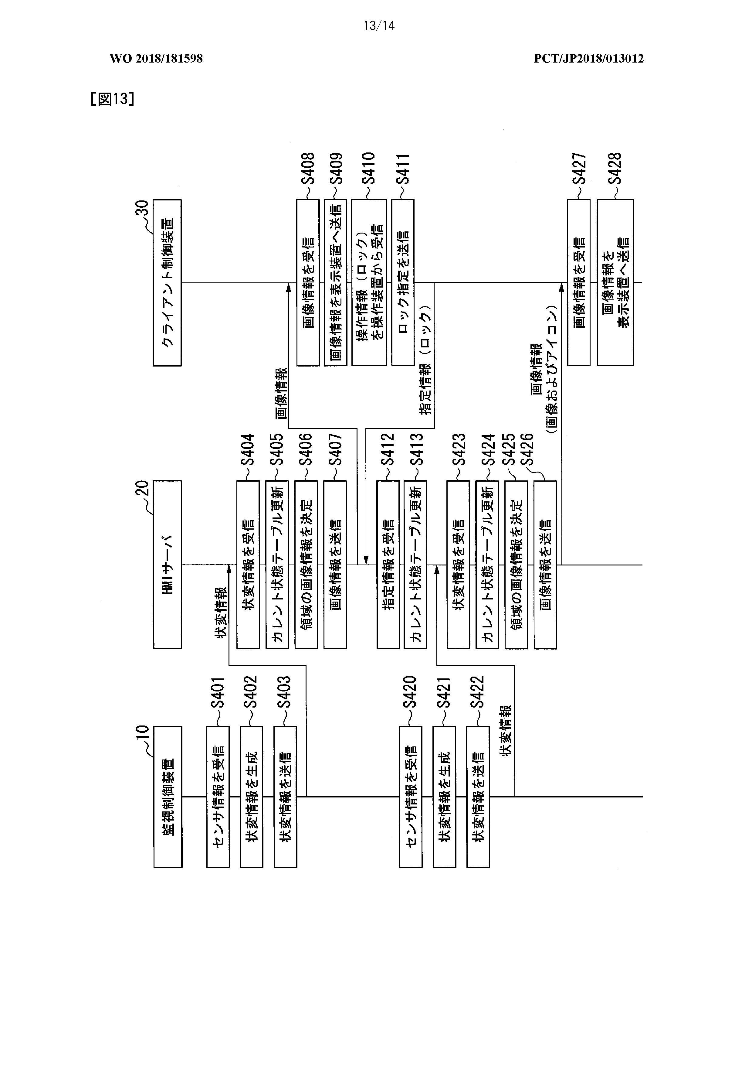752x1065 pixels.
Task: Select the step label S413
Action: tap(416, 449)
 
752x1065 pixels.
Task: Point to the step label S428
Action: tap(615, 168)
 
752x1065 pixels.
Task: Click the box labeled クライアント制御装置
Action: tap(168, 282)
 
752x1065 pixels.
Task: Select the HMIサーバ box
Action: tap(168, 565)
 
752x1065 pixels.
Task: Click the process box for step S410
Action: tap(369, 282)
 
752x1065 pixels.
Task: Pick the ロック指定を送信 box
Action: tap(403, 282)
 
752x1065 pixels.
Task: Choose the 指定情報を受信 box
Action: tap(388, 565)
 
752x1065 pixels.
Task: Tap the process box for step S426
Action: tap(545, 565)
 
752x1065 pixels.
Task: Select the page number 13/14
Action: tap(379, 26)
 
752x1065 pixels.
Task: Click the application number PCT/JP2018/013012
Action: tap(589, 58)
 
